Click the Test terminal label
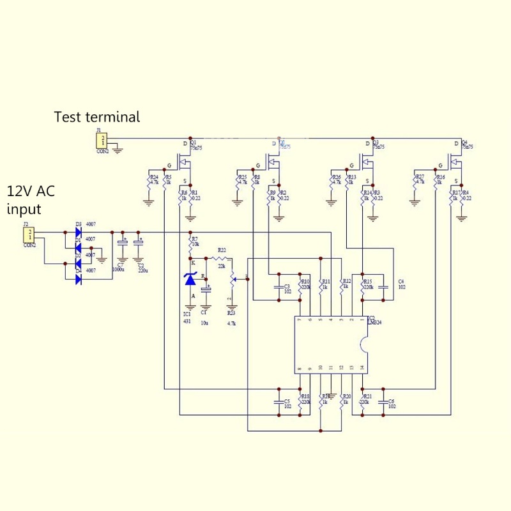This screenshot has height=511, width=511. point(96,117)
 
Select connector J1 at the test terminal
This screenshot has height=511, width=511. point(102,141)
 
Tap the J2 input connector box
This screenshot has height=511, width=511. point(29,234)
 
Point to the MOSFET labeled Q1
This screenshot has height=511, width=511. point(187,159)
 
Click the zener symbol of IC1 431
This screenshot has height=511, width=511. point(190,279)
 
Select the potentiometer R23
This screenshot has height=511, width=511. point(232,278)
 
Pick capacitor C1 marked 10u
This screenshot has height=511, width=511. point(206,290)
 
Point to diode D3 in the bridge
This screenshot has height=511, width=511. point(78,232)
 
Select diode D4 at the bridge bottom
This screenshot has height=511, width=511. point(78,278)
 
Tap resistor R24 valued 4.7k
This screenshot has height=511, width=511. point(149,181)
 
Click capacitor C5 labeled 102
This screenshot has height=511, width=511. point(278,402)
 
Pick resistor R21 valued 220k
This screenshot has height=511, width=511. point(362,402)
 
